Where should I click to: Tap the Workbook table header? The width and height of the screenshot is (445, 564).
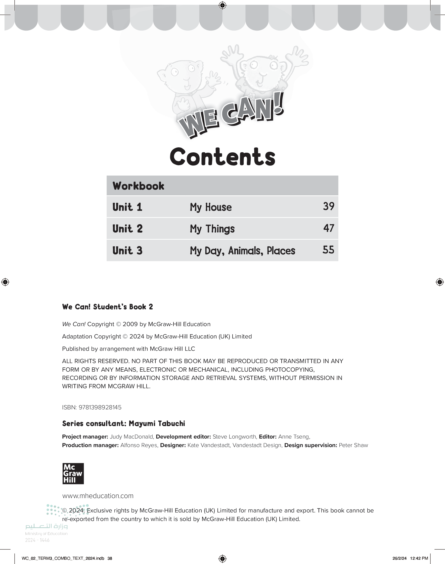click(138, 186)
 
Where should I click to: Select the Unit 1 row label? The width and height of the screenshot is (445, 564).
click(127, 207)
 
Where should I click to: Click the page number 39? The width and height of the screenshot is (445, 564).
click(329, 206)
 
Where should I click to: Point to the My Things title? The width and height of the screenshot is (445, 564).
click(212, 229)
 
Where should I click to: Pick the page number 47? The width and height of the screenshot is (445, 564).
click(329, 228)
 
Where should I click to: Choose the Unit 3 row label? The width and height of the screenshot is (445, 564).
click(127, 251)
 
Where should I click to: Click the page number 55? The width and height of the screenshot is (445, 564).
click(328, 250)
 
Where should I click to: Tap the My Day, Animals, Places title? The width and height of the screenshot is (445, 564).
click(242, 251)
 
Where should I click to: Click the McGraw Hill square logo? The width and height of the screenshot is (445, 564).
click(73, 473)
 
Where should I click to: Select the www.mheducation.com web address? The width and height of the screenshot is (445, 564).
click(98, 496)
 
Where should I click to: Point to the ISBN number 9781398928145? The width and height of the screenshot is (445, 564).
click(100, 407)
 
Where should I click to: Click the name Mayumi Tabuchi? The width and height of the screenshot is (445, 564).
click(157, 424)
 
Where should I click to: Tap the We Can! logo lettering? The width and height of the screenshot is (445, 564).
click(231, 116)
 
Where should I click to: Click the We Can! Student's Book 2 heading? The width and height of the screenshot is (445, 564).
click(107, 307)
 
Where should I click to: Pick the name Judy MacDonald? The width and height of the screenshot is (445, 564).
click(131, 437)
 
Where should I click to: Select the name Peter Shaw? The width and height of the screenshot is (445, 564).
click(353, 445)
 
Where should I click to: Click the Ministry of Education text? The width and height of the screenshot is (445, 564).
click(46, 534)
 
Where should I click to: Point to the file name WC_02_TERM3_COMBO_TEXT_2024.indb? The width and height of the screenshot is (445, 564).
click(63, 558)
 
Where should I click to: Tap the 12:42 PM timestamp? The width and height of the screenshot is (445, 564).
click(419, 558)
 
